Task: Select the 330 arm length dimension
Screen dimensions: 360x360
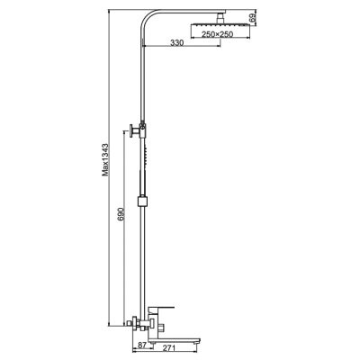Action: point(178,43)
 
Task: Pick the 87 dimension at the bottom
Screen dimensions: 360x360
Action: point(141,345)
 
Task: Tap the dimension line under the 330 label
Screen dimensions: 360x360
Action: point(178,50)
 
